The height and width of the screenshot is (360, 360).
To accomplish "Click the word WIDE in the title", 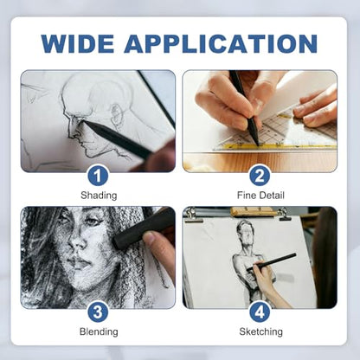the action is (x=77, y=43).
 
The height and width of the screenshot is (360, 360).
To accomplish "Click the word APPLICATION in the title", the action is (x=221, y=43).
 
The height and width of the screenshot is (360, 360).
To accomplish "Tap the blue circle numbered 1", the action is (x=98, y=176).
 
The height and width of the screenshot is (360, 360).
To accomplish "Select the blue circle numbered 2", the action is (x=260, y=176).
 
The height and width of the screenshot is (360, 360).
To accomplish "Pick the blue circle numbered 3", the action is (x=98, y=312).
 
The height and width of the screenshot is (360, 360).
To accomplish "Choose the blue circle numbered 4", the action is (x=260, y=312).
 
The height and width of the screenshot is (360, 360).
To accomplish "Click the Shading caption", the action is (x=99, y=196).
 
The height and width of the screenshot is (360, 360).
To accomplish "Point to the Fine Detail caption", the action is (x=260, y=196).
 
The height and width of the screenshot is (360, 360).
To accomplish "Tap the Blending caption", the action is (x=99, y=331).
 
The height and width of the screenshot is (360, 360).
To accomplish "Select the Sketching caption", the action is (x=260, y=331).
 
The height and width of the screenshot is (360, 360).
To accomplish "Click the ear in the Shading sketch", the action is (x=117, y=112).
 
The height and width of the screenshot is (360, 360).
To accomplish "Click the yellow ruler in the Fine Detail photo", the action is (x=274, y=145).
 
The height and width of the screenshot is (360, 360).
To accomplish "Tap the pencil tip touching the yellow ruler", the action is (x=257, y=144).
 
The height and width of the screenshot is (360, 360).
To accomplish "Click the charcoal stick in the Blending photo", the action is (x=140, y=228).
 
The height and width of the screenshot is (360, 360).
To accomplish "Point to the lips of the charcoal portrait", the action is (x=77, y=263).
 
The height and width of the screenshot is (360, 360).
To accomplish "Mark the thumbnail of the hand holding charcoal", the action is (x=150, y=238).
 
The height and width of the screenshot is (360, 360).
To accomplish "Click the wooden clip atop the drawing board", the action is (x=254, y=212).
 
